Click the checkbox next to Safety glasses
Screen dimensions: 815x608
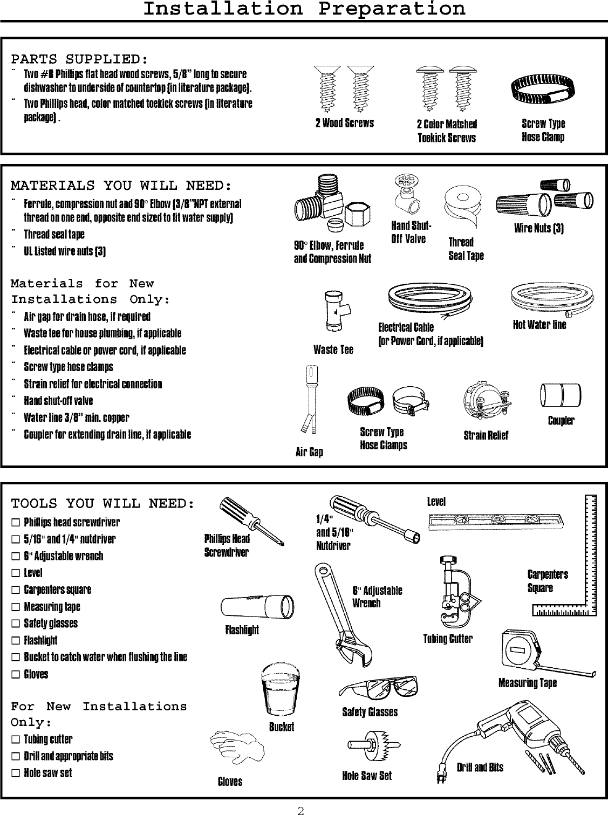point(16,624)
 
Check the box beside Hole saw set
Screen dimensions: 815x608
point(16,773)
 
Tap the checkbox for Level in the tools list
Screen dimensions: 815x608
point(16,573)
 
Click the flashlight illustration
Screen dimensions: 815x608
point(257,607)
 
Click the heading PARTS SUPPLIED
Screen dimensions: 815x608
point(80,58)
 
